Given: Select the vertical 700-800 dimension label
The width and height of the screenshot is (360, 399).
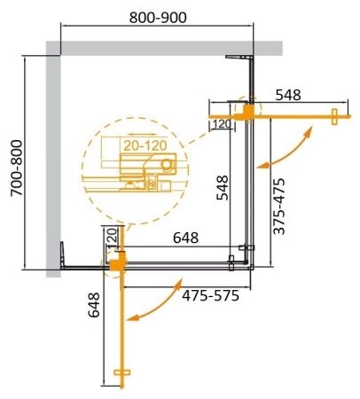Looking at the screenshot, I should coord(12,162).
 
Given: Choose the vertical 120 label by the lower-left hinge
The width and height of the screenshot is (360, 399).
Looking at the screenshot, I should coord(112,238).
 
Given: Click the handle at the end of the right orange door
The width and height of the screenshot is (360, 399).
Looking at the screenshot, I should coord(335,117).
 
